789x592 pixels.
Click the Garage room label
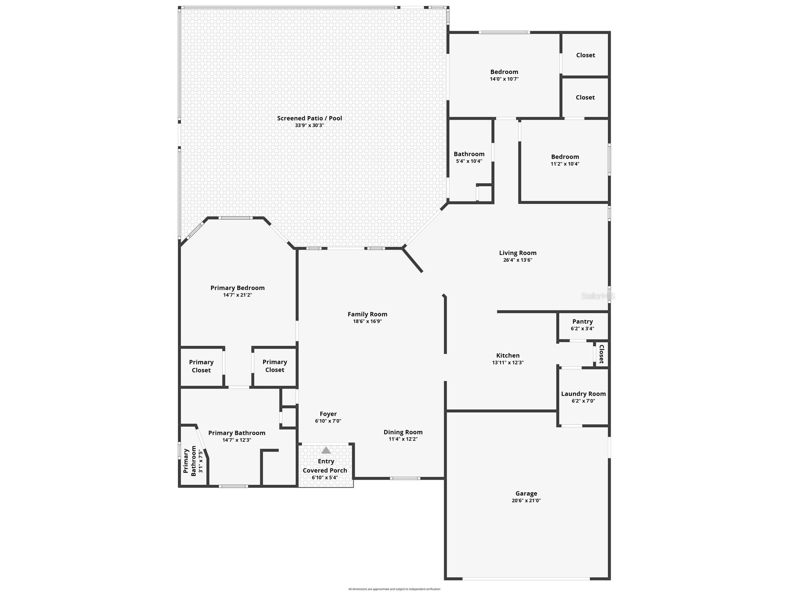click(526, 493)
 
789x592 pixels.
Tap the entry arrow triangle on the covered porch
click(326, 450)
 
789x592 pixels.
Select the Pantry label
click(582, 321)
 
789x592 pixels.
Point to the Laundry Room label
click(583, 394)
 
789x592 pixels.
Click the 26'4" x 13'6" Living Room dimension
click(517, 260)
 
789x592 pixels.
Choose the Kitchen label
click(508, 355)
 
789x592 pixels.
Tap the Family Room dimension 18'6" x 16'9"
click(367, 321)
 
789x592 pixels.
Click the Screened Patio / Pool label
click(309, 118)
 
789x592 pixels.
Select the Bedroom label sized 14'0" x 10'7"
click(504, 72)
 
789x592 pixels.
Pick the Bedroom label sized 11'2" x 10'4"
click(565, 156)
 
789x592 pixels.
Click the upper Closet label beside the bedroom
click(585, 55)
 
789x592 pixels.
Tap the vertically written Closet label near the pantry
click(601, 354)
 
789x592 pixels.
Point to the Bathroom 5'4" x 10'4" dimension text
click(469, 161)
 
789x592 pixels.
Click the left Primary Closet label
click(201, 366)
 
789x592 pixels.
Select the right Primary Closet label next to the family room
click(275, 366)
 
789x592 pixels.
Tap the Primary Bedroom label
click(237, 288)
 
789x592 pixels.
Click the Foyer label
click(328, 414)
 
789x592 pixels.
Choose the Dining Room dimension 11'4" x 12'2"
click(403, 439)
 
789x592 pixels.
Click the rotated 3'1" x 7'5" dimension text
click(201, 461)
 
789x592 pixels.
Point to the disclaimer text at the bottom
click(394, 589)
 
